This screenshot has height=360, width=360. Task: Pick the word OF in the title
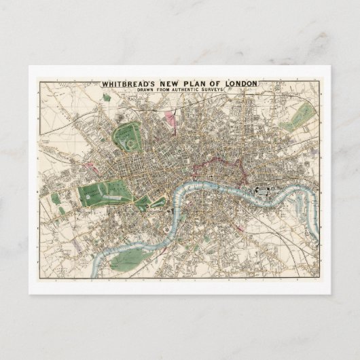tap(216, 84)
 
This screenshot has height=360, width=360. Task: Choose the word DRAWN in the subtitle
tap(159, 91)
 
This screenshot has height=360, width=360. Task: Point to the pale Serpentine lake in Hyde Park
tap(109, 190)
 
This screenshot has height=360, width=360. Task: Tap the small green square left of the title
tap(107, 98)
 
